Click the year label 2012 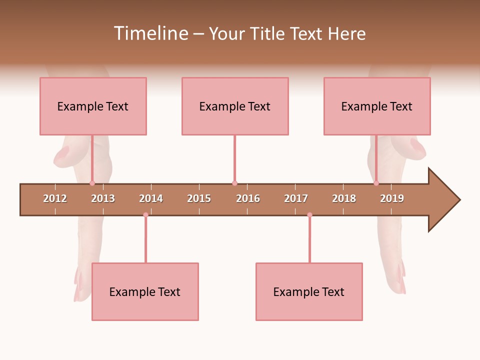(x=55, y=198)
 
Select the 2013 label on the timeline (x=103, y=198)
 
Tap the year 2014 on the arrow (x=151, y=198)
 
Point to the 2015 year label (x=199, y=198)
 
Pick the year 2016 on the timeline (x=248, y=198)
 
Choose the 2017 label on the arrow (x=296, y=198)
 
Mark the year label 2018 (x=344, y=198)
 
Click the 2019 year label (x=392, y=198)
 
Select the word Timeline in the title (x=150, y=33)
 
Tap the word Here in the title (x=346, y=33)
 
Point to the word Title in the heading (x=268, y=33)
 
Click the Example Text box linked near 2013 (x=93, y=106)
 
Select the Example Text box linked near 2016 (x=235, y=106)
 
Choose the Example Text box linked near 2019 (x=377, y=106)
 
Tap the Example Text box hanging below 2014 (x=145, y=291)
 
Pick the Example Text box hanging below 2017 (x=309, y=291)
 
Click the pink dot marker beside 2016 (x=234, y=183)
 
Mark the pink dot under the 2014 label (x=145, y=215)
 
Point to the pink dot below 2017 (x=309, y=215)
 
